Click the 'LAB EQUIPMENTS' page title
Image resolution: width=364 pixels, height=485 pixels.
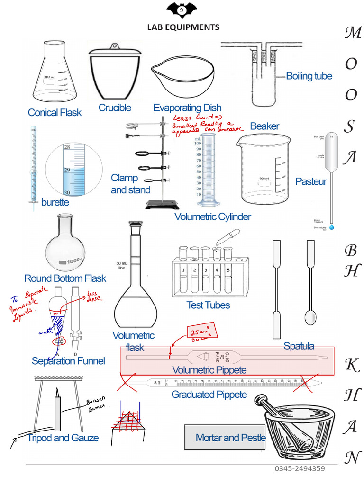(x=183, y=27)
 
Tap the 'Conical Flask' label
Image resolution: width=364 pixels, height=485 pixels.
(x=55, y=113)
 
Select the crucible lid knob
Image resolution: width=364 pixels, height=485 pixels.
(x=114, y=46)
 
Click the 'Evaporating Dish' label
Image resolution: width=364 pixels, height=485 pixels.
(x=187, y=108)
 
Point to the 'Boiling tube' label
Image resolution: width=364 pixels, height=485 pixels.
(x=309, y=76)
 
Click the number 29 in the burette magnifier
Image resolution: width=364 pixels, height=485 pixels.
(x=67, y=170)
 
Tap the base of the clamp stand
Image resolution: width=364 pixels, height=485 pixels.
(x=163, y=205)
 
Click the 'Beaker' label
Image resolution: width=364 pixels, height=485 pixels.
(x=264, y=126)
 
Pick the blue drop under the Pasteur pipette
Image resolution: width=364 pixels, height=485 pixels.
(x=331, y=228)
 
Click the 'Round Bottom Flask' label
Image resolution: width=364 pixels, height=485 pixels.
(x=65, y=278)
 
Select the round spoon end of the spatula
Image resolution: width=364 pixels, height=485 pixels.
(x=310, y=317)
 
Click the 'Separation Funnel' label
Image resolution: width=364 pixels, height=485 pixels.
(x=68, y=361)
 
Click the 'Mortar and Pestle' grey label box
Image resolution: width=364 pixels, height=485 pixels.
(x=225, y=438)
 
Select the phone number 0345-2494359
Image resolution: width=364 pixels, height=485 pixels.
(x=300, y=469)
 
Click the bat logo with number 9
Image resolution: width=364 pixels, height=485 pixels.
(x=181, y=9)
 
